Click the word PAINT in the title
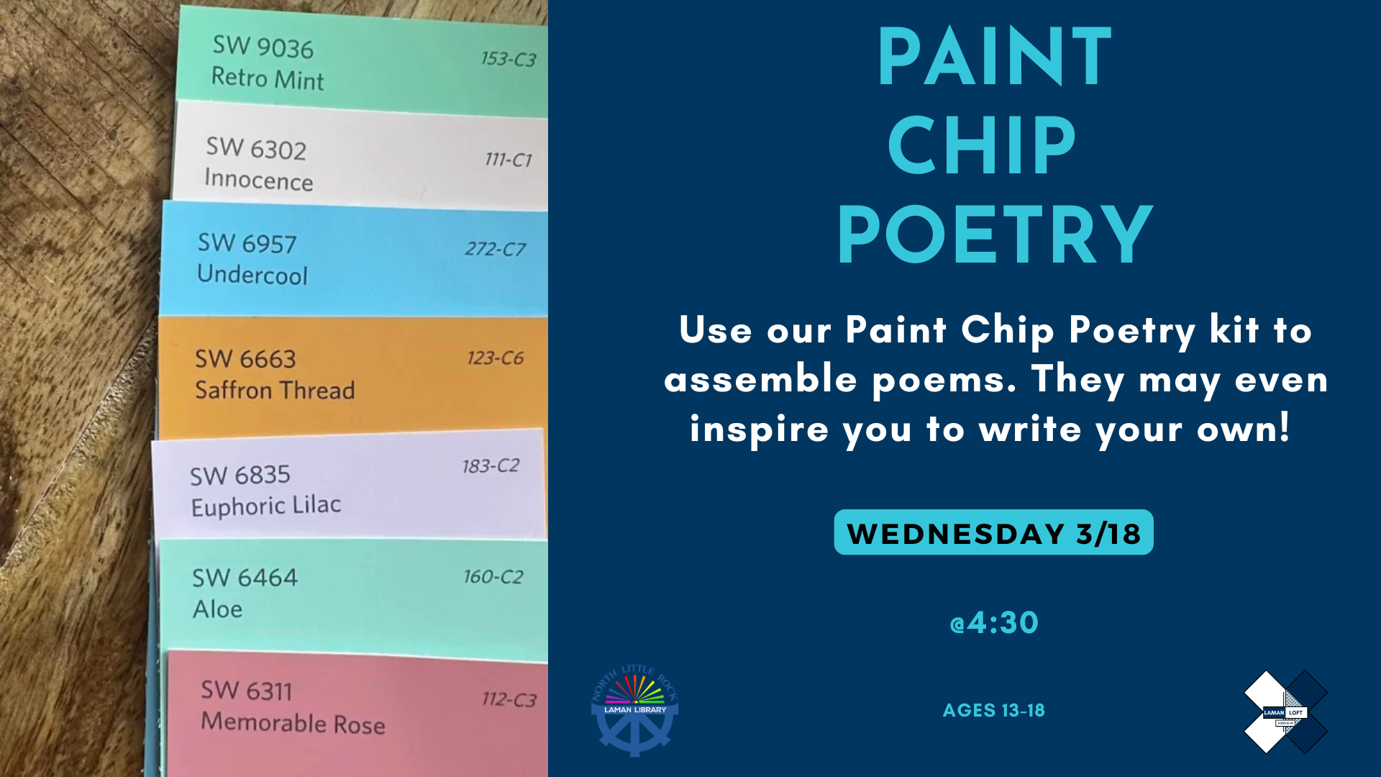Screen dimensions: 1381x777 [x=995, y=57]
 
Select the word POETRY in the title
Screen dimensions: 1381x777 [x=995, y=235]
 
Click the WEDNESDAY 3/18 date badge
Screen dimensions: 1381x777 [x=993, y=532]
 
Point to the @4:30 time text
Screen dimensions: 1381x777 [x=994, y=622]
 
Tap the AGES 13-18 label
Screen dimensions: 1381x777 [x=993, y=710]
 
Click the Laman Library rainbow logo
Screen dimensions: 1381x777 [x=634, y=710]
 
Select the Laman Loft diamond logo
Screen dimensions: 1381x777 [x=1285, y=712]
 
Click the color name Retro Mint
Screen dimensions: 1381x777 [x=268, y=78]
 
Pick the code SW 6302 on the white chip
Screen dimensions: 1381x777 [x=256, y=148]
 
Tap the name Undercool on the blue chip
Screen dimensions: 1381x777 [x=252, y=274]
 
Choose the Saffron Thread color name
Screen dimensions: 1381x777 [x=275, y=390]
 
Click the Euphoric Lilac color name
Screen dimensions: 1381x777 [x=265, y=506]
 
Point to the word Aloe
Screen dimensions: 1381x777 [x=217, y=609]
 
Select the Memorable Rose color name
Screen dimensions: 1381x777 [x=293, y=722]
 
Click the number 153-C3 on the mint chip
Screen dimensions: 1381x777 [x=509, y=59]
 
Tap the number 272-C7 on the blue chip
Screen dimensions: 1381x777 [x=495, y=249]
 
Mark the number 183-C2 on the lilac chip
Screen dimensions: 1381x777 [x=491, y=466]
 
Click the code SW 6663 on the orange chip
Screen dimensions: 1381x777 [x=245, y=359]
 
